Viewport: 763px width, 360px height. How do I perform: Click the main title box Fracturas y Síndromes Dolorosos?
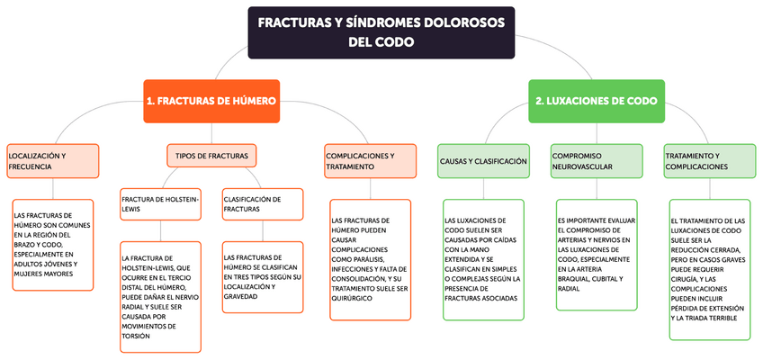coord(381,32)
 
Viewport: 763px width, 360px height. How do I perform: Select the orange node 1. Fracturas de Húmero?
coord(211,102)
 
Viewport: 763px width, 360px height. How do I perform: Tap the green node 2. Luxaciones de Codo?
coord(596,102)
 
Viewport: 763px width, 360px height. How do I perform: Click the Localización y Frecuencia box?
coord(50,161)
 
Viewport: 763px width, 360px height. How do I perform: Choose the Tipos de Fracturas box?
coord(211,156)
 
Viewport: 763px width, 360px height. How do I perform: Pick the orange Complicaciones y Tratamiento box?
coord(371,161)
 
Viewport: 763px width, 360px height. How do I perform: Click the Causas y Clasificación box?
coord(482,161)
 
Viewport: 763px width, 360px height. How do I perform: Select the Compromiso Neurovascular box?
coord(596,161)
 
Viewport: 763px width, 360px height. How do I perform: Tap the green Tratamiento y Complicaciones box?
coord(709,161)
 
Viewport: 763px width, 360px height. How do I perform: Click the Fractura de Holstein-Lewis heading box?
coord(161,202)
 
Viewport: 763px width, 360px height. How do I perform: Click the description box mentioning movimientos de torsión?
coord(161,297)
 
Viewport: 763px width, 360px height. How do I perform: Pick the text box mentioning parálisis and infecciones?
coord(371,258)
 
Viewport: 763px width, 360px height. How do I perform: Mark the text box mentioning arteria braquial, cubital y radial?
coord(596,255)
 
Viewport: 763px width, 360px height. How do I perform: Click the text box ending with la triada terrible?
coord(709,269)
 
